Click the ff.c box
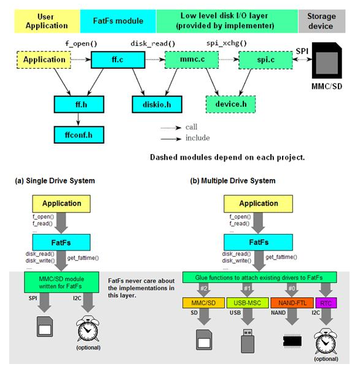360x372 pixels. click(118, 60)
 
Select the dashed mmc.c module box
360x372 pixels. click(192, 60)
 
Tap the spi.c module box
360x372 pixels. click(265, 60)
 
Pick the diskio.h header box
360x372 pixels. click(157, 104)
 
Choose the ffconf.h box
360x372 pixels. click(79, 135)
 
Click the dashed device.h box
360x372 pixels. click(230, 104)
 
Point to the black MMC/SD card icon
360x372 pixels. click(327, 60)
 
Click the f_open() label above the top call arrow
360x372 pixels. click(81, 44)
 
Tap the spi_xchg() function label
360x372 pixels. click(227, 43)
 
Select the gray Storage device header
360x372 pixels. click(321, 21)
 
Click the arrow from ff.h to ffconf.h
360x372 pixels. click(78, 119)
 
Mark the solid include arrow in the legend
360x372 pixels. click(171, 139)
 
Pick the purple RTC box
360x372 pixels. click(326, 303)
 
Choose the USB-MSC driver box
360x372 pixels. click(248, 303)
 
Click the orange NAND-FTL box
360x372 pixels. click(292, 303)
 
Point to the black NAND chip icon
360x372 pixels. click(292, 341)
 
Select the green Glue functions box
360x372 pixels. click(259, 277)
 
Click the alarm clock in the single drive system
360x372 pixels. click(88, 329)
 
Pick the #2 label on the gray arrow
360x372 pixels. click(204, 289)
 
